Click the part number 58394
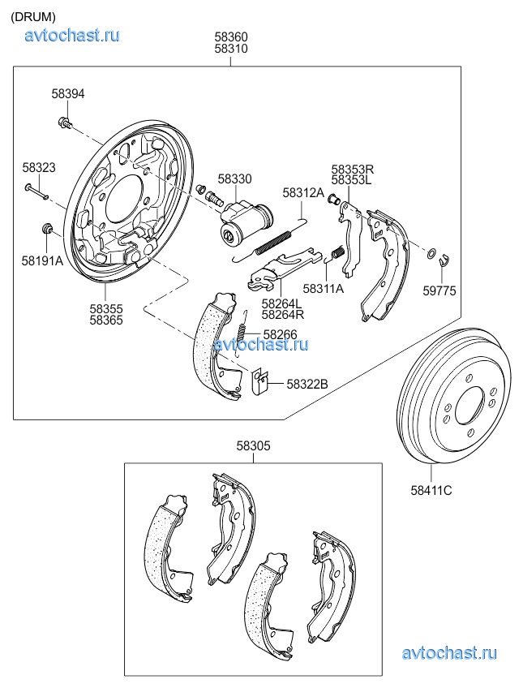(x=68, y=94)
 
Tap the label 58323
(x=39, y=167)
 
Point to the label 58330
(x=234, y=178)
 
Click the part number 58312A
(x=302, y=192)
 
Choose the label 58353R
(x=352, y=169)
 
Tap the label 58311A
(x=323, y=288)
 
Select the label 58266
(x=281, y=334)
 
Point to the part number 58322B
(x=307, y=383)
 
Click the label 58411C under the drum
(x=431, y=490)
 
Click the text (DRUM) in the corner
(x=33, y=16)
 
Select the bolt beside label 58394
(x=64, y=123)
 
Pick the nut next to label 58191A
(x=47, y=230)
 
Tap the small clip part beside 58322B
(x=261, y=381)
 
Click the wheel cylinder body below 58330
(x=243, y=223)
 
